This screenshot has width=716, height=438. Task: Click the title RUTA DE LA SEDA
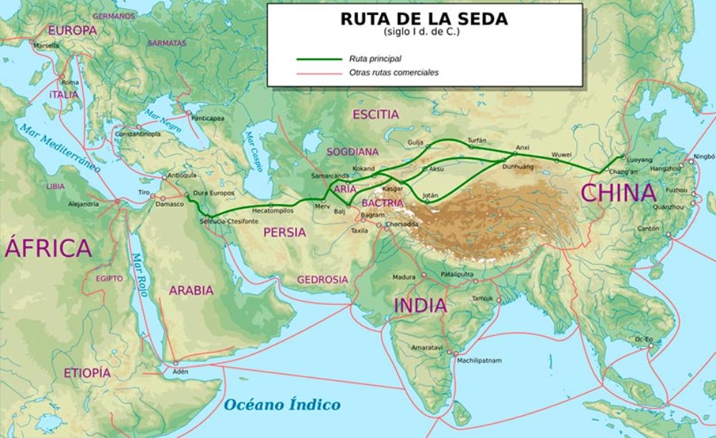[x=424, y=19]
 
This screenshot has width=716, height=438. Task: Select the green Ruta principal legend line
[x=319, y=59]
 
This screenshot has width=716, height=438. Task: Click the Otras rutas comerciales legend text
[x=394, y=72]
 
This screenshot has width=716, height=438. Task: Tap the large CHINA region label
[x=618, y=193]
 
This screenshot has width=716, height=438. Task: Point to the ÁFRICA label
[x=48, y=248]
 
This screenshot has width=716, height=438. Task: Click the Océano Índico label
[x=282, y=405]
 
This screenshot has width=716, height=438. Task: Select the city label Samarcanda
[x=329, y=176]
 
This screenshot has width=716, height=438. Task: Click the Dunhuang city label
[x=519, y=166]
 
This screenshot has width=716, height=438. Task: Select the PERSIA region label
[x=284, y=232]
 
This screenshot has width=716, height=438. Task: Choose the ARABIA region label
[x=191, y=291]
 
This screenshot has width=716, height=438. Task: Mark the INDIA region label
[x=420, y=306]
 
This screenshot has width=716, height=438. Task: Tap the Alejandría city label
[x=83, y=204]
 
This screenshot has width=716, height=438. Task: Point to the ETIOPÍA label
[x=87, y=373]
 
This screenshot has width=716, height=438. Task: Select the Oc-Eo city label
[x=644, y=338]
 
